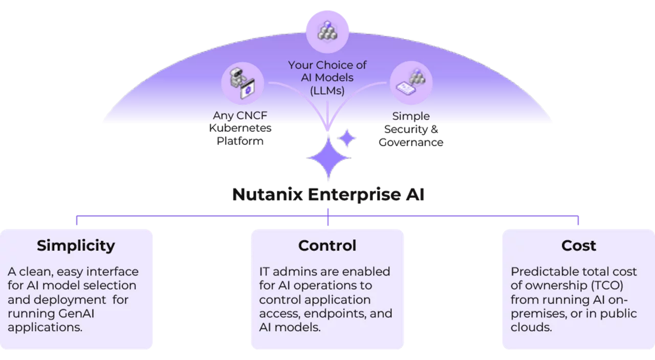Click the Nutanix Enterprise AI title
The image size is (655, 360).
[x=328, y=194]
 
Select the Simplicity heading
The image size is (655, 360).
[x=76, y=246]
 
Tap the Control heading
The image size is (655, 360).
[x=327, y=245]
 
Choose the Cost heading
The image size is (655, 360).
[x=578, y=245]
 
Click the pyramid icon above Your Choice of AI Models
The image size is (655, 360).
[x=327, y=31]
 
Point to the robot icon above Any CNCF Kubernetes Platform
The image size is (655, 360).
[x=243, y=83]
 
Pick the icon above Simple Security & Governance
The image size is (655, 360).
[x=411, y=82]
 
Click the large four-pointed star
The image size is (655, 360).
[x=329, y=158]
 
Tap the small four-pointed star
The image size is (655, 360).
[x=347, y=138]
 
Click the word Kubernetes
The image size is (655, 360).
[x=240, y=128]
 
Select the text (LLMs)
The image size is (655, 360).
[x=327, y=91]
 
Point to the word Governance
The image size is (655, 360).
[x=411, y=142]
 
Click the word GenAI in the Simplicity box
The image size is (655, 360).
[x=76, y=313]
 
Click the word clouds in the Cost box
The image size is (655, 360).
[x=531, y=327]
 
